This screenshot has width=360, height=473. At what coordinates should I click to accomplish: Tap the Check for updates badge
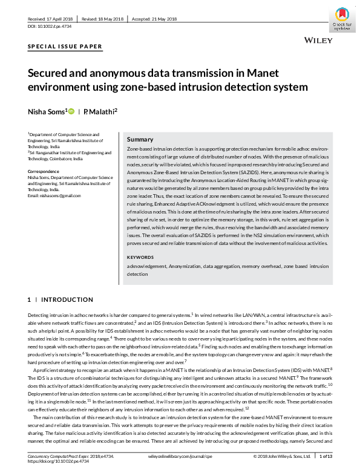[x=342, y=19]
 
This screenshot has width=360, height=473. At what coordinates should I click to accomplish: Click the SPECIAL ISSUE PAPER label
[x=65, y=47]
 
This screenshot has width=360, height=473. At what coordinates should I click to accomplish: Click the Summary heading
[x=140, y=139]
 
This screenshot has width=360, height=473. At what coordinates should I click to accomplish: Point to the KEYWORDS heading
[x=141, y=256]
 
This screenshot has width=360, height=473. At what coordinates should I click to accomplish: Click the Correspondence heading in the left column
[x=44, y=171]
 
